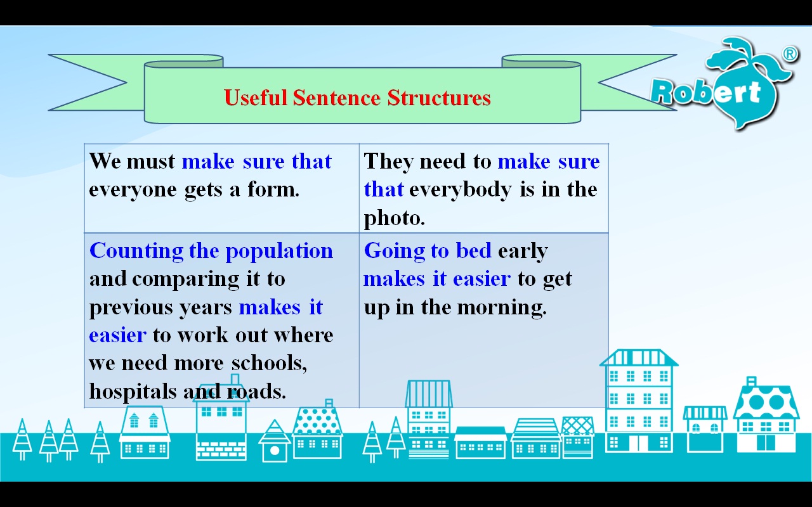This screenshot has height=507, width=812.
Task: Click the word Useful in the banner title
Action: (255, 98)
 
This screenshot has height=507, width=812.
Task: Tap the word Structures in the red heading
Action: (439, 98)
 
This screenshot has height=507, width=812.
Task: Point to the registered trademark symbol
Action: (790, 54)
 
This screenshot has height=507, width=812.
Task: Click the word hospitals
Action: (133, 391)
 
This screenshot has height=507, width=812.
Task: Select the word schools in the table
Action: (269, 363)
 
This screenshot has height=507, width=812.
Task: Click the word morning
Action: (502, 308)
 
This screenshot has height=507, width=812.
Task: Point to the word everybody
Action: (461, 190)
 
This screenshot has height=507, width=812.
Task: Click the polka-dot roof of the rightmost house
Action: (766, 402)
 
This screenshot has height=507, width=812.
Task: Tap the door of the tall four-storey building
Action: (638, 443)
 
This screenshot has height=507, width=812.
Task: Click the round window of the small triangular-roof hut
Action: (275, 451)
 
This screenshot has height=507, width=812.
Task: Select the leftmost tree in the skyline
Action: (22, 439)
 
